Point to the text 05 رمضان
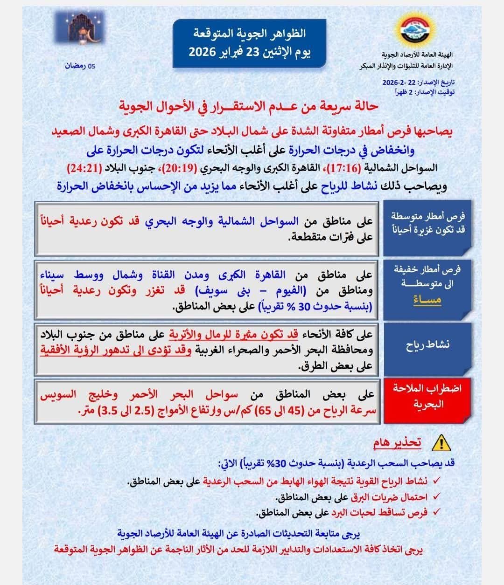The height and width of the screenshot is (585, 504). tap(80, 66)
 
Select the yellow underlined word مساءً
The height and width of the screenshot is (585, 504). tap(427, 299)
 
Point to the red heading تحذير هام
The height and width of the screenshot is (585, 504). tap(397, 442)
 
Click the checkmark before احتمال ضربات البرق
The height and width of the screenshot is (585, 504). tap(437, 497)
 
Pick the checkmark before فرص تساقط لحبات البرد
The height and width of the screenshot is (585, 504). tap(437, 512)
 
